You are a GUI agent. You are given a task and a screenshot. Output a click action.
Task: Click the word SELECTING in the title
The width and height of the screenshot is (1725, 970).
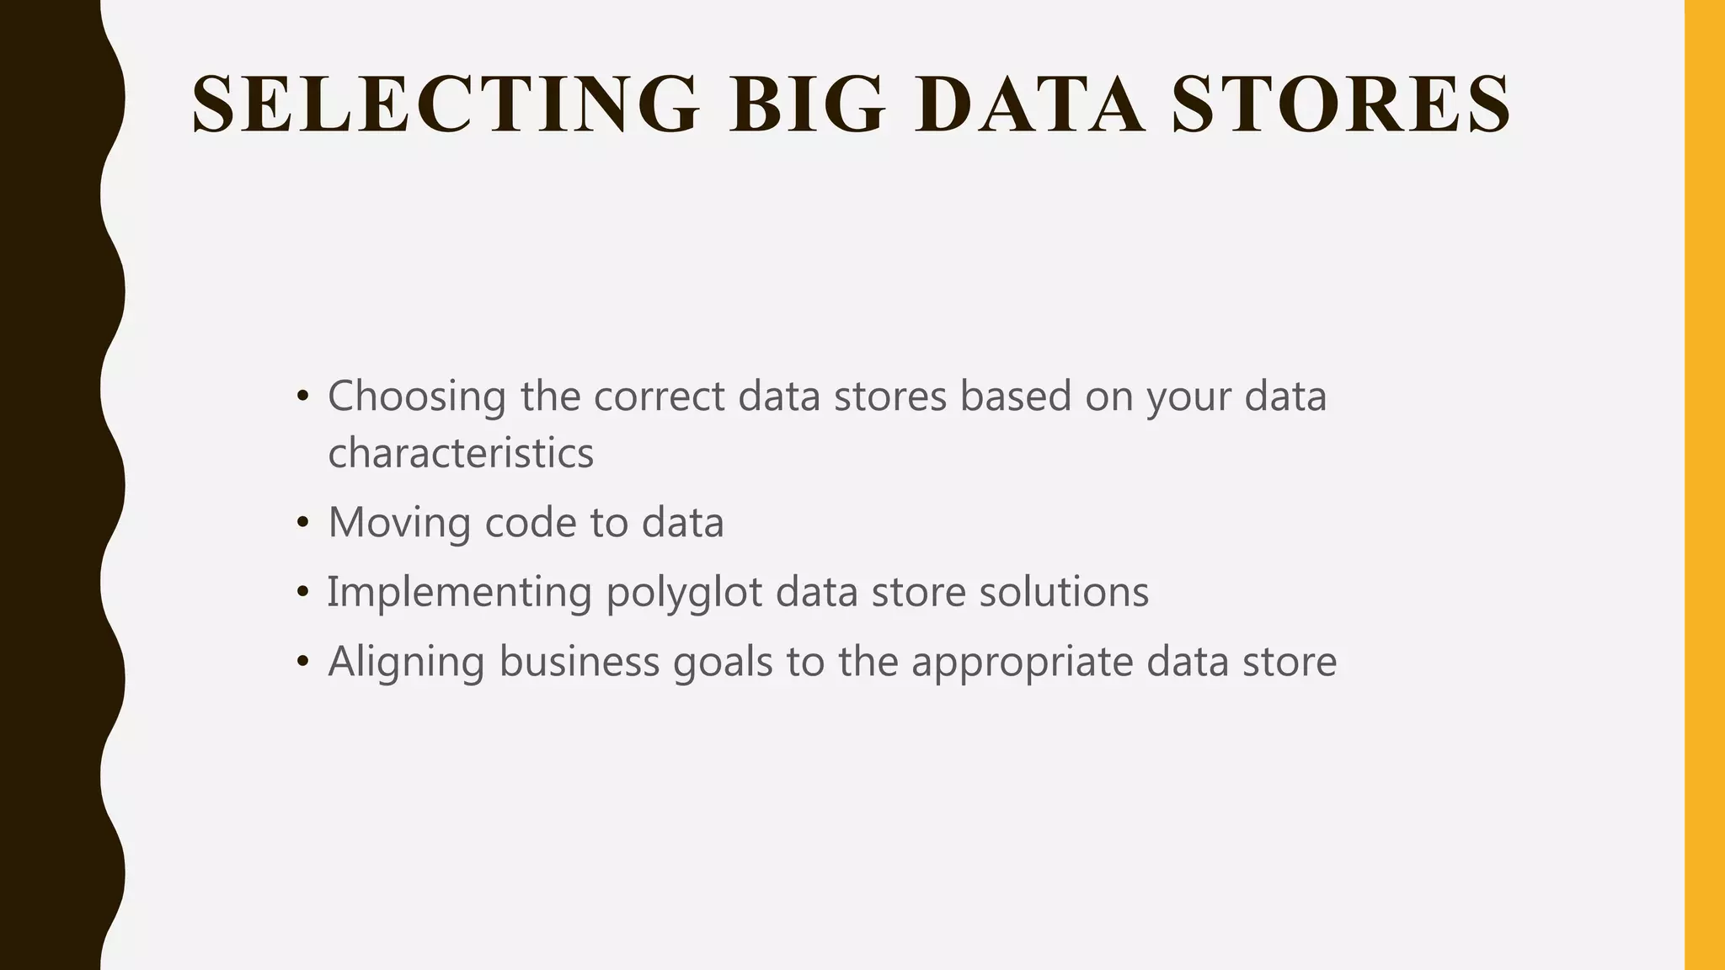pos(445,104)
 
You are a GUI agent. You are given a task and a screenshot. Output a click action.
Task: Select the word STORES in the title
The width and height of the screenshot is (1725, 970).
pos(1341,104)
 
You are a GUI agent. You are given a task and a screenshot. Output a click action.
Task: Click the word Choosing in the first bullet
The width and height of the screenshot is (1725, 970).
pos(417,396)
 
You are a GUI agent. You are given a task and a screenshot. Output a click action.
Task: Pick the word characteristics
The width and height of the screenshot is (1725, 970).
pos(461,453)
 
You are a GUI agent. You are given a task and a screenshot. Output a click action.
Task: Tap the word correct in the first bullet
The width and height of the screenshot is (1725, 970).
pos(660,396)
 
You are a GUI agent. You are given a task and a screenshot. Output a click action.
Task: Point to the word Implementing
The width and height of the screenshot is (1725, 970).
pos(459,592)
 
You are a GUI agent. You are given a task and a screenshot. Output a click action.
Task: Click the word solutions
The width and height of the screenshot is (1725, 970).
pos(1064,592)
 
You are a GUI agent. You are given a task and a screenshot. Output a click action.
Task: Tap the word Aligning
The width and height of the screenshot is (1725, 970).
pos(406,662)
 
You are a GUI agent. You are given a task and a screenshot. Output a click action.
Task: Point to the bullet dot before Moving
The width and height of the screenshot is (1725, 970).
pos(303,523)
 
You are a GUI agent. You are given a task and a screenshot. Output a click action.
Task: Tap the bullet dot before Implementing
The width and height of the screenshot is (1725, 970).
pos(303,593)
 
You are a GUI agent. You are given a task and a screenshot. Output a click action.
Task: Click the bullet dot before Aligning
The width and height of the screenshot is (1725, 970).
pos(303,663)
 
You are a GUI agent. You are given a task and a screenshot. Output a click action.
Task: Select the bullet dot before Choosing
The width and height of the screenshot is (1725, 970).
pos(303,397)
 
